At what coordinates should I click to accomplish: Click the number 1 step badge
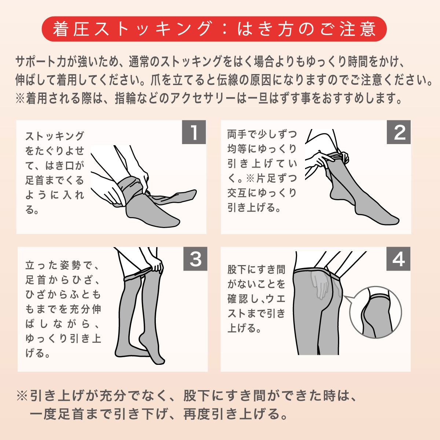tap(194, 132)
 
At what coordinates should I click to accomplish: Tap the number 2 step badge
tap(399, 132)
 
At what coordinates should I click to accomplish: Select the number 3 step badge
tap(195, 259)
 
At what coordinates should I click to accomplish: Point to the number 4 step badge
tap(398, 259)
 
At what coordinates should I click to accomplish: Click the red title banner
tap(214, 29)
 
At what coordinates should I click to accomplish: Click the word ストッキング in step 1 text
tap(55, 136)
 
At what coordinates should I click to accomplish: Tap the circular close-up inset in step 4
tap(375, 312)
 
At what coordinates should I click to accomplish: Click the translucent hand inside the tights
tap(320, 285)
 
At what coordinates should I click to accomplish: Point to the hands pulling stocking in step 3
tap(155, 266)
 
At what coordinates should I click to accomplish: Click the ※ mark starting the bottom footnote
tap(22, 396)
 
